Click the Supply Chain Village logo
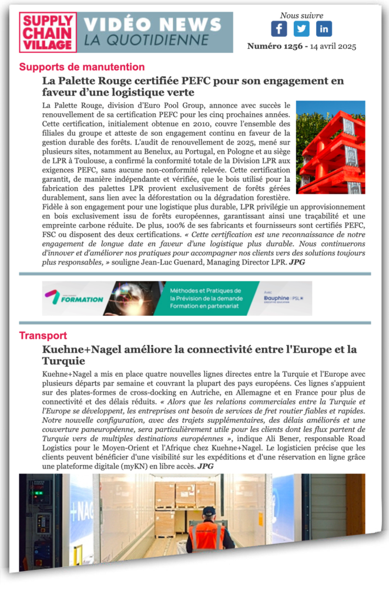coord(47,32)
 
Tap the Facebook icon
coord(279,29)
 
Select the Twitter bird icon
coord(301,29)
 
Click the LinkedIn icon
coord(324,29)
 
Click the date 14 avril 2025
coord(329,46)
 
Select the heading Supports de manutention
coord(82,67)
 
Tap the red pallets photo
coord(330,147)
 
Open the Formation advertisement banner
coord(176,298)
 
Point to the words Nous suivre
coord(301,15)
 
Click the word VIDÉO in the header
coord(120,24)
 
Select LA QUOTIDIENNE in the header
coord(146,40)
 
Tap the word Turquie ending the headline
coord(63,361)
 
